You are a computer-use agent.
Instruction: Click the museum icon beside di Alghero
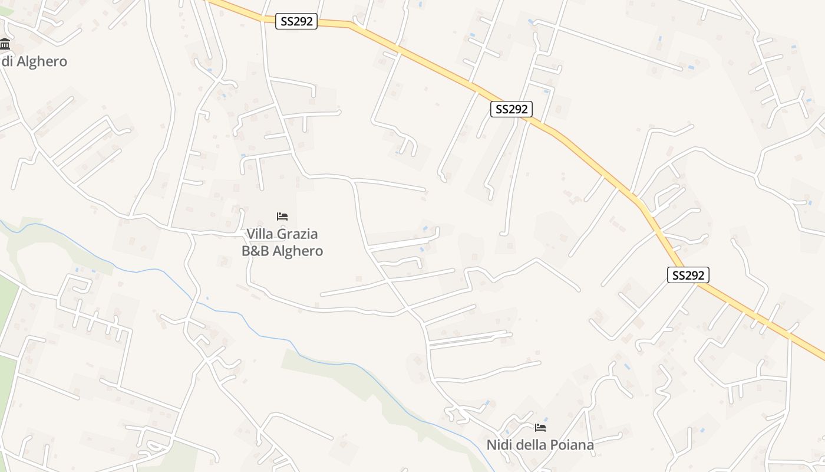point(5,43)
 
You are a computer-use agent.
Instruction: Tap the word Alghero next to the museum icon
point(41,61)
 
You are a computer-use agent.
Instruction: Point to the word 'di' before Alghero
point(7,61)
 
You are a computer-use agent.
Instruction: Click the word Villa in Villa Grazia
point(261,234)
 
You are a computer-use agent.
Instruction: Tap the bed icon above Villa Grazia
point(282,217)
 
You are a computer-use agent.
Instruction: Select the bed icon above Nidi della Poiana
point(540,427)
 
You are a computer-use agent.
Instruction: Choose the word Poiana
point(573,445)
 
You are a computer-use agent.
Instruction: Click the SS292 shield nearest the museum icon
point(297,22)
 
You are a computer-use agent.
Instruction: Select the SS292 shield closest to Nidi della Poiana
point(688,275)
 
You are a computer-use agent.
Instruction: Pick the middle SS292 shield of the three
point(511,109)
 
